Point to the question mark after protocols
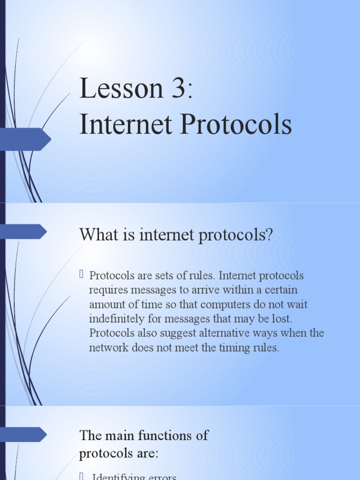coord(269,234)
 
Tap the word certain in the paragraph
coord(279,290)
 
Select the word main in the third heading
coord(118,435)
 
